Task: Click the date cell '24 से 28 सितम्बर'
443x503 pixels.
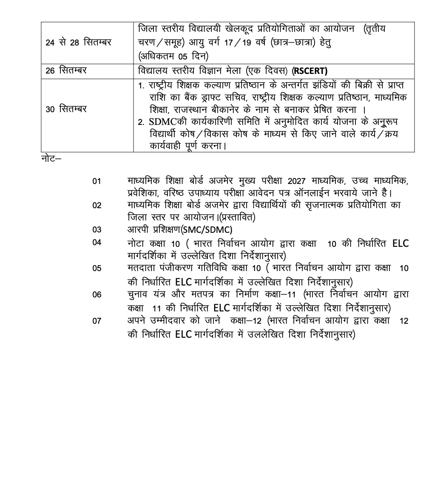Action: tap(78, 42)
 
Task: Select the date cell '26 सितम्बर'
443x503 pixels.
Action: tap(66, 71)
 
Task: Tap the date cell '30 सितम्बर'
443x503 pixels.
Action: tap(66, 109)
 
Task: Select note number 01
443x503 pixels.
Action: tap(97, 181)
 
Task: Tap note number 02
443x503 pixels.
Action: tap(97, 206)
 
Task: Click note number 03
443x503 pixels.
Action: tap(97, 230)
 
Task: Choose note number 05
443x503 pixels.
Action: tap(97, 268)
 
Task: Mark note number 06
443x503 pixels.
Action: tap(97, 294)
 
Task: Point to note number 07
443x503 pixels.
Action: tap(97, 321)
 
